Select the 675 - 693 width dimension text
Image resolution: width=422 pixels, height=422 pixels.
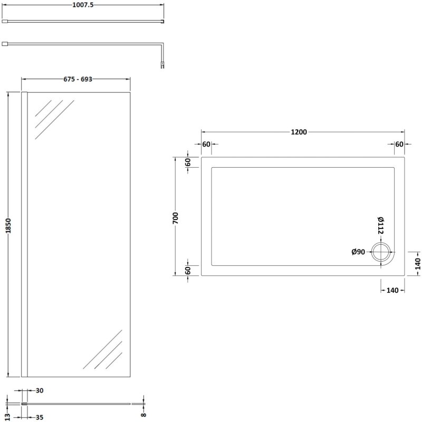75,79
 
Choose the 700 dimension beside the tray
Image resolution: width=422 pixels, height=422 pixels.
176,217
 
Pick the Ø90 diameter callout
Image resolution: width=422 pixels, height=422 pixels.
359,252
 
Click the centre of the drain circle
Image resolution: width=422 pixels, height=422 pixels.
380,252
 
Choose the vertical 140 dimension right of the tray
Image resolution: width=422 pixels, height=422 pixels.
417,263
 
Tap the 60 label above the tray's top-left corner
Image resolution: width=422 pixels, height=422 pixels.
206,145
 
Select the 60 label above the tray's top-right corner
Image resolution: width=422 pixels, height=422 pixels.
399,145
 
